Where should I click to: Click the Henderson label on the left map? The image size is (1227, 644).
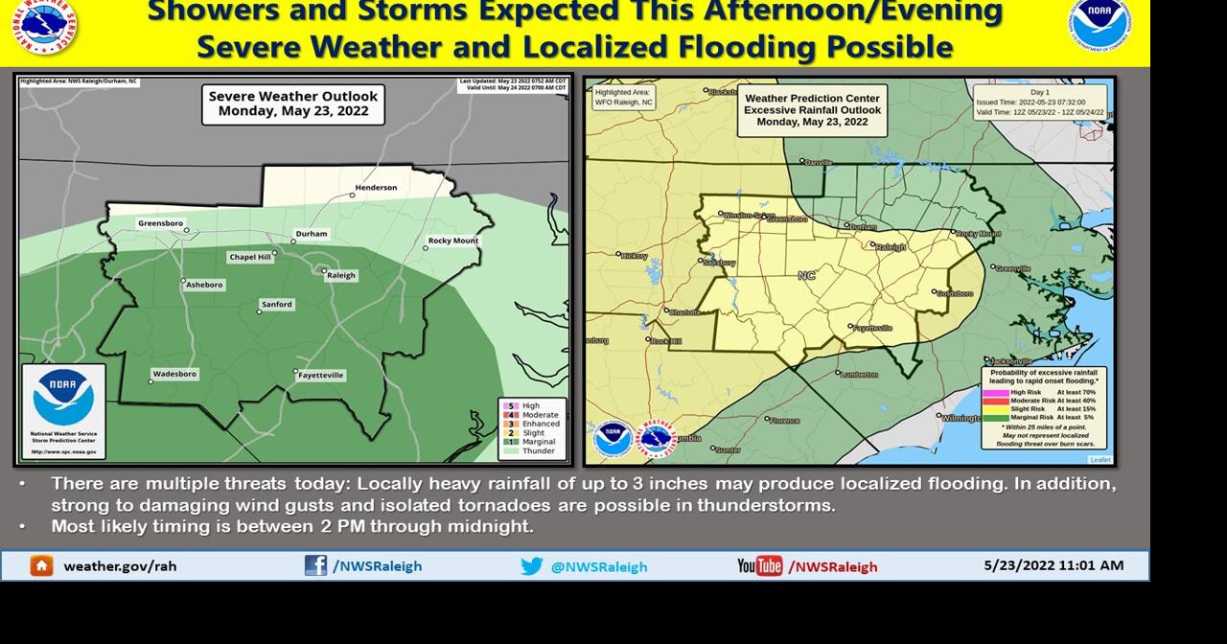(376, 188)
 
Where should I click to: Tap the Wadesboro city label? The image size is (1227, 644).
(174, 374)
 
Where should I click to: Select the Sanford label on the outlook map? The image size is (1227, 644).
(277, 305)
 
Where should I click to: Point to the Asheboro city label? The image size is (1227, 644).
(204, 285)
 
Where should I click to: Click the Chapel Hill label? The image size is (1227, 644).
(250, 257)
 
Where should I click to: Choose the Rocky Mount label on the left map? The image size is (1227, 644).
(453, 241)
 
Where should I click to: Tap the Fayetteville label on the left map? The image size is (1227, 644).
(321, 376)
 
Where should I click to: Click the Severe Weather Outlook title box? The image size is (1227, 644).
(293, 103)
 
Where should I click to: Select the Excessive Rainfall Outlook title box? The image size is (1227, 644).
(812, 109)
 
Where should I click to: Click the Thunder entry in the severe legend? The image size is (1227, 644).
(538, 451)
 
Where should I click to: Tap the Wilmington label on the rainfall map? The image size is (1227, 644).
(961, 418)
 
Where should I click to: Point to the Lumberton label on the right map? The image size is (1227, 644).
(858, 374)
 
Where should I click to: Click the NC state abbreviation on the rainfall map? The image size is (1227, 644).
(806, 276)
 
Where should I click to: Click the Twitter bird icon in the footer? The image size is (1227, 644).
(532, 566)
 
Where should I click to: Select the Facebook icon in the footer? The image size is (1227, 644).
(315, 565)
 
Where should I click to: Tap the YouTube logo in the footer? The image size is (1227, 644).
(759, 566)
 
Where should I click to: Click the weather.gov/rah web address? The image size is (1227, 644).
(120, 566)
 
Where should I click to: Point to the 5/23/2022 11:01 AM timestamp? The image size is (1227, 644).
(1053, 565)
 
